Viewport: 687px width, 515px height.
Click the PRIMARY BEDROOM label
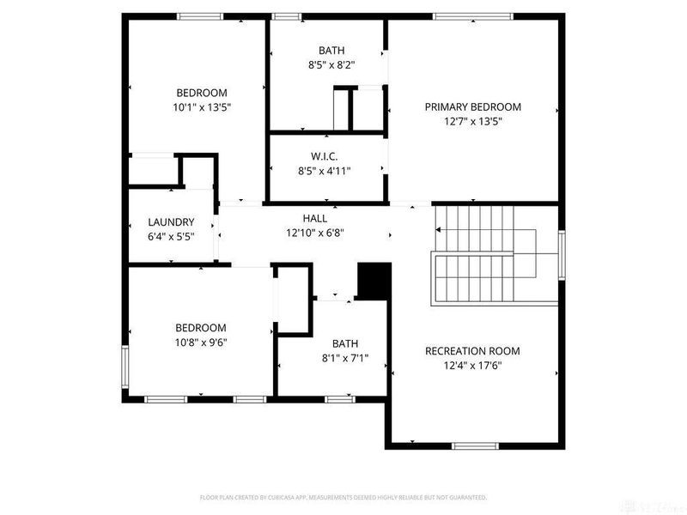[x=472, y=107]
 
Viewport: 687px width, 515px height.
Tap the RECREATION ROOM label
[x=472, y=351]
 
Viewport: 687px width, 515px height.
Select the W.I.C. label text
[x=324, y=156]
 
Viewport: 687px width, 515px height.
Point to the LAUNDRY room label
[x=171, y=221]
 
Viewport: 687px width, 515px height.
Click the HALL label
[x=315, y=219]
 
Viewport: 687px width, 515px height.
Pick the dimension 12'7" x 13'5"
[x=472, y=122]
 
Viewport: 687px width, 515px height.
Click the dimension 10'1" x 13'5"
[x=202, y=107]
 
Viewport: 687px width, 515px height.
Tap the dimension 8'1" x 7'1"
[x=345, y=358]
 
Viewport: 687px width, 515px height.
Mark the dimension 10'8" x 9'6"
[x=201, y=342]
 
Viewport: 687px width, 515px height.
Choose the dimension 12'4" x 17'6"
[x=472, y=366]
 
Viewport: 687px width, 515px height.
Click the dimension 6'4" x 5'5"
[x=171, y=236]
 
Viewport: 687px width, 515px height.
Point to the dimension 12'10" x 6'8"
[x=315, y=233]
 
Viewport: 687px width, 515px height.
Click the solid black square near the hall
[x=374, y=282]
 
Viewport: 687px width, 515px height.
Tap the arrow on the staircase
[x=440, y=230]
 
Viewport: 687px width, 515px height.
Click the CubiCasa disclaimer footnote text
[x=343, y=497]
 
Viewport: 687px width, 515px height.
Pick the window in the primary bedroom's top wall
[x=472, y=15]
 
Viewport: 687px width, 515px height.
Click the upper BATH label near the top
[x=331, y=51]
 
